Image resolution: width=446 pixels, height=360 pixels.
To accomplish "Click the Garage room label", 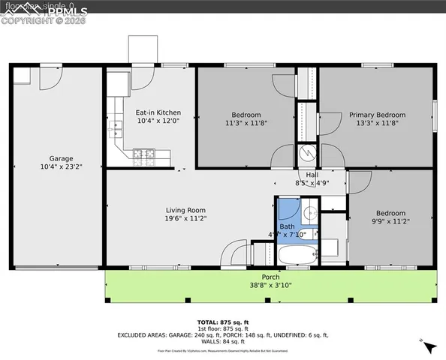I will tap(61, 158).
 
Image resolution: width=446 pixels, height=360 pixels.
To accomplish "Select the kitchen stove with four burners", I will tap(143, 157).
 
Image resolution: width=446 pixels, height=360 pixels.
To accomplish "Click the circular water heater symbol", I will tap(308, 154).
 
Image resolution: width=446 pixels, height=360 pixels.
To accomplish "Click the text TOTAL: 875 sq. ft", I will tap(222, 322).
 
